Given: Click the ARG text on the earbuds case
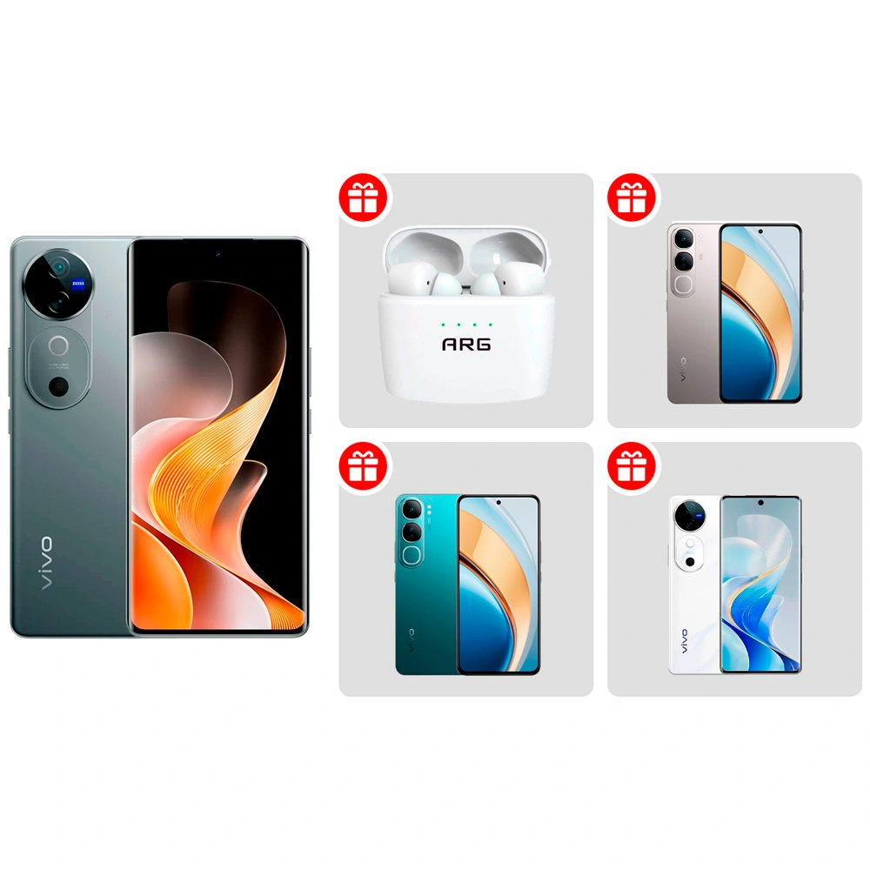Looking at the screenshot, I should (466, 345).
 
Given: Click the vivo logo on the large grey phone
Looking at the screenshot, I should (45, 564).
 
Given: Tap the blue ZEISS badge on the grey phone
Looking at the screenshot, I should (78, 283).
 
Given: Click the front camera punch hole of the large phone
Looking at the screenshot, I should (217, 255).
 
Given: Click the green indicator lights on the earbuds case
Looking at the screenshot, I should (466, 324).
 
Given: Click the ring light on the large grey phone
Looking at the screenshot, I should (59, 345).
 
